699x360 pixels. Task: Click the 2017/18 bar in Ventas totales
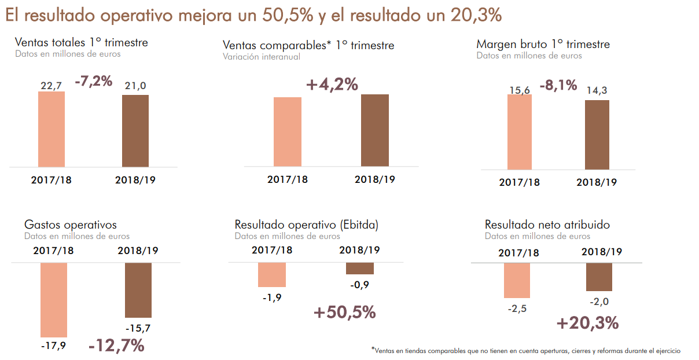(51, 129)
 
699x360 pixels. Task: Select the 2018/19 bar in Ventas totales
(135, 131)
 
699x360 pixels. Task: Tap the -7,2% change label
(93, 82)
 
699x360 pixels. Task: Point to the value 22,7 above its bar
(51, 86)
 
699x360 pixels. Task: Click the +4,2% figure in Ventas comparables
(332, 85)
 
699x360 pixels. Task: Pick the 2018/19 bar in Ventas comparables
(374, 130)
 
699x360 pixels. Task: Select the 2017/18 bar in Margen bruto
(519, 132)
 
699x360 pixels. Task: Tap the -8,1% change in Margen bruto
(558, 86)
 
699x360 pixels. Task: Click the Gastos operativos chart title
(71, 225)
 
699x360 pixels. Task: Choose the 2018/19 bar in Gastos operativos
(138, 289)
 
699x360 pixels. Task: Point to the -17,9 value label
(53, 346)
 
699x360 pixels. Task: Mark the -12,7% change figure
(116, 346)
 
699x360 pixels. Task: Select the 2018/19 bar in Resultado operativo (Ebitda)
(359, 268)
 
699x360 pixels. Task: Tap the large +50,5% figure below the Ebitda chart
(345, 313)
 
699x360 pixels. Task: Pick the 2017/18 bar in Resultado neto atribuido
(517, 281)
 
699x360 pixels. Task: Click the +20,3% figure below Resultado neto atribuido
(588, 323)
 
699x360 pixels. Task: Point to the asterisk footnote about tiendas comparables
(525, 351)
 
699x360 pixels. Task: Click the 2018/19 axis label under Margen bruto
(597, 182)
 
